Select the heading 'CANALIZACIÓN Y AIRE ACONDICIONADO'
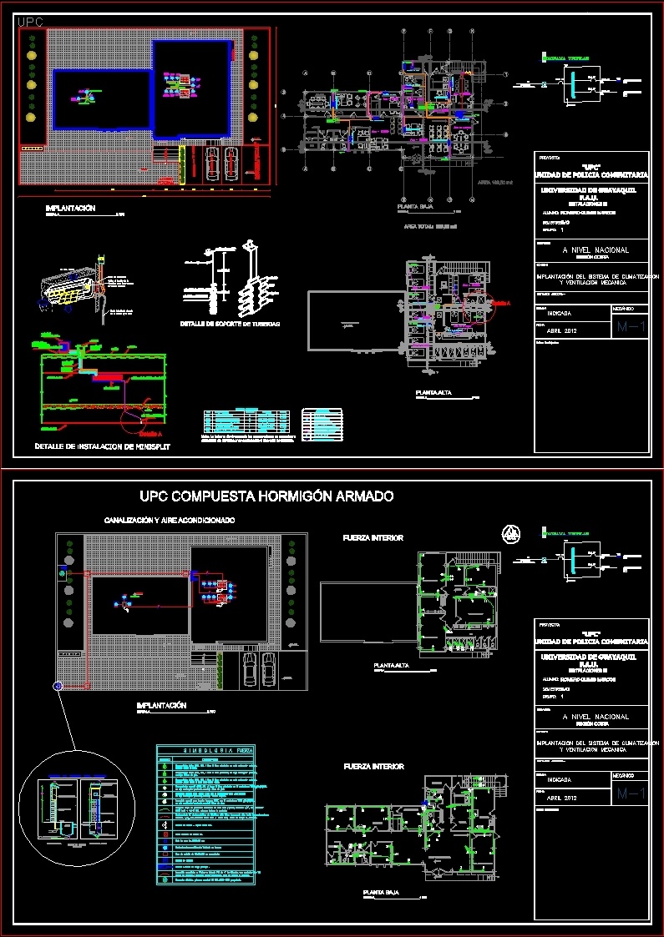170,520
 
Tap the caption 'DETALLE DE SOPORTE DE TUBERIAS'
231,323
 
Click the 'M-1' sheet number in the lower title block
630,795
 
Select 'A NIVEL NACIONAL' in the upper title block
595,250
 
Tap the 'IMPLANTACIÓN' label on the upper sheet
70,208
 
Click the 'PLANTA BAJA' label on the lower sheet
380,892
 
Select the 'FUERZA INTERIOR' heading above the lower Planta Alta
373,538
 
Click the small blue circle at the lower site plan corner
57,686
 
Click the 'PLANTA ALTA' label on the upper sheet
434,392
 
